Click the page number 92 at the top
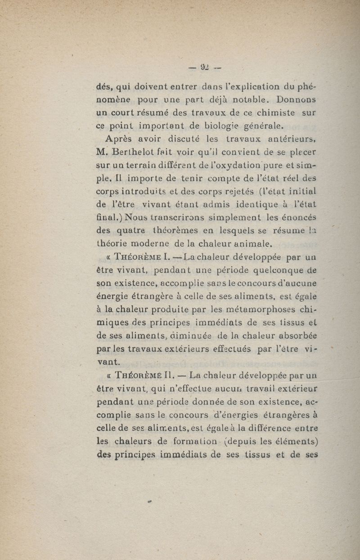point(205,68)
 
